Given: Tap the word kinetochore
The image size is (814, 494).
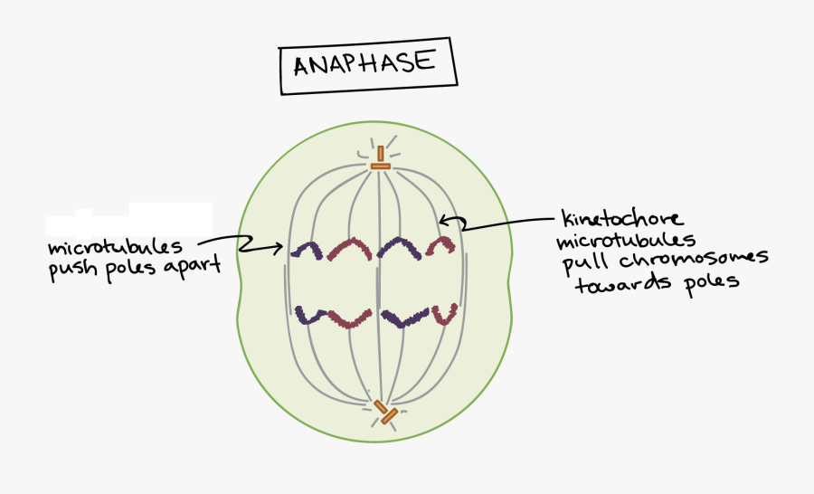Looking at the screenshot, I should [x=622, y=220].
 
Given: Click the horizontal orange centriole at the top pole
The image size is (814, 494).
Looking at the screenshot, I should [x=381, y=166].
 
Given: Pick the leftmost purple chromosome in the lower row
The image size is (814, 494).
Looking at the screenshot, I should [x=309, y=317].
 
